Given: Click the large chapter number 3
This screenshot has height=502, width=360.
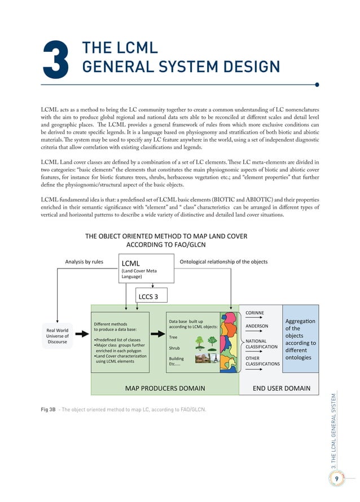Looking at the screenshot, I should tap(55, 59).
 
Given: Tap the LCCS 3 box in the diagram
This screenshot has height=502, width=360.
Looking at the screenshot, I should tap(148, 296).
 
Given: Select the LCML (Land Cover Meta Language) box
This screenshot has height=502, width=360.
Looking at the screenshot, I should tap(147, 269).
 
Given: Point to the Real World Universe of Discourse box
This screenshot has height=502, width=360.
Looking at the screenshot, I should tap(58, 336).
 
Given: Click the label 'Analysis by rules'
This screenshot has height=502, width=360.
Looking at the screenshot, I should tap(84, 262).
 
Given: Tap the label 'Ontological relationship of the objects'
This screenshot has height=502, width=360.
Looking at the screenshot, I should tap(223, 262).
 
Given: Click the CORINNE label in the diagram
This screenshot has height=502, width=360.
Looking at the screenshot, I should tap(254, 312).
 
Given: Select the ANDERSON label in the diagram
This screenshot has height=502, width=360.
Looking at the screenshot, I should tap(257, 325).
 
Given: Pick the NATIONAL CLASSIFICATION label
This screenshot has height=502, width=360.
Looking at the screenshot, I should tap(261, 344).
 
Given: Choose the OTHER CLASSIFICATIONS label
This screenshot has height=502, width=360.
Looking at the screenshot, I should tap(262, 361).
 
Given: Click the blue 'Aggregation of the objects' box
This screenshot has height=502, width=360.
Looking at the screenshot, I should tap(300, 338).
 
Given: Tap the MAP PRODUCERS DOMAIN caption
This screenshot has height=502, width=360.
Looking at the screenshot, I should tap(165, 388).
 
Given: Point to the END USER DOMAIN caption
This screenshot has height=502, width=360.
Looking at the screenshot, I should tap(282, 388).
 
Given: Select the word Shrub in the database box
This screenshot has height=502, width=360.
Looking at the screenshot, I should tap(174, 347).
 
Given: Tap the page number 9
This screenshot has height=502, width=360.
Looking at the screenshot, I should tap(336, 478).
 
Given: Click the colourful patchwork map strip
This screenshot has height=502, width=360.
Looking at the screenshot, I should tap(229, 341).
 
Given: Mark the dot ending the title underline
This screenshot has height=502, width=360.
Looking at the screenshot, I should tap(317, 85).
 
